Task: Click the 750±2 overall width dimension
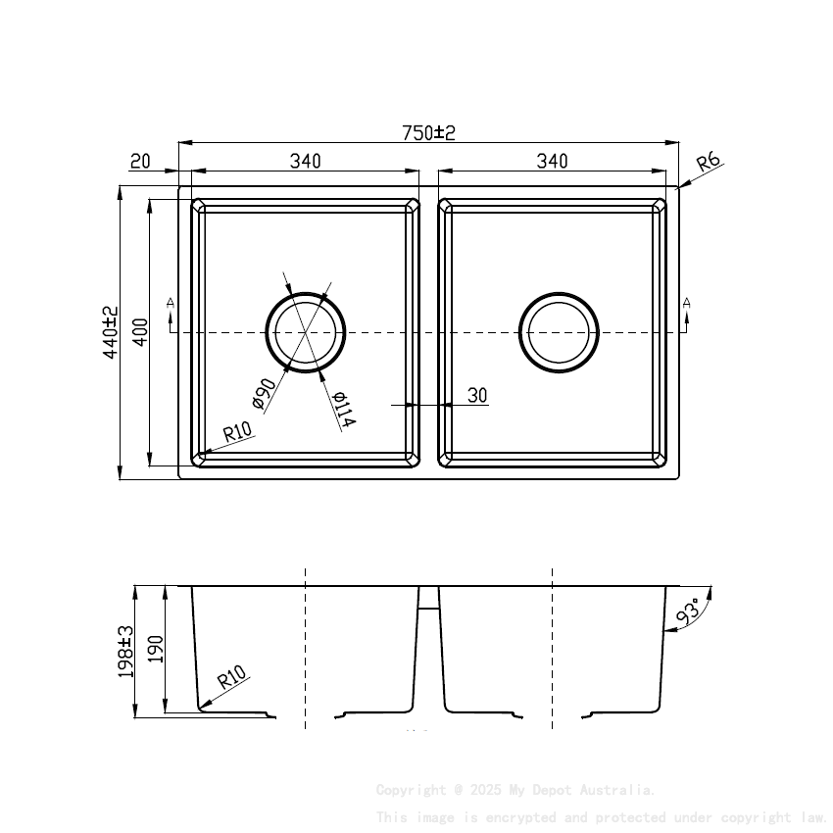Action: point(429,132)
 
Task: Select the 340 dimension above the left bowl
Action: point(305,161)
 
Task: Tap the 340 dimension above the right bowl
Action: point(552,161)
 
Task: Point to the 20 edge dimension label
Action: point(139,161)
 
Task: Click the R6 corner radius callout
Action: point(709,162)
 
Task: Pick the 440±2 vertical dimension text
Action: point(111,331)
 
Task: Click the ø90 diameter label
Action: point(264,392)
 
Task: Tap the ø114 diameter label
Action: point(343,409)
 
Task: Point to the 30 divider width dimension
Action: point(477,396)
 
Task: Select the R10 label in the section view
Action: point(231,677)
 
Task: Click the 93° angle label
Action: point(689,612)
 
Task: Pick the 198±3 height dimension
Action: point(125,651)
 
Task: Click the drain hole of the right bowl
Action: point(559,331)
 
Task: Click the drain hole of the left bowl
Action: point(306,331)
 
